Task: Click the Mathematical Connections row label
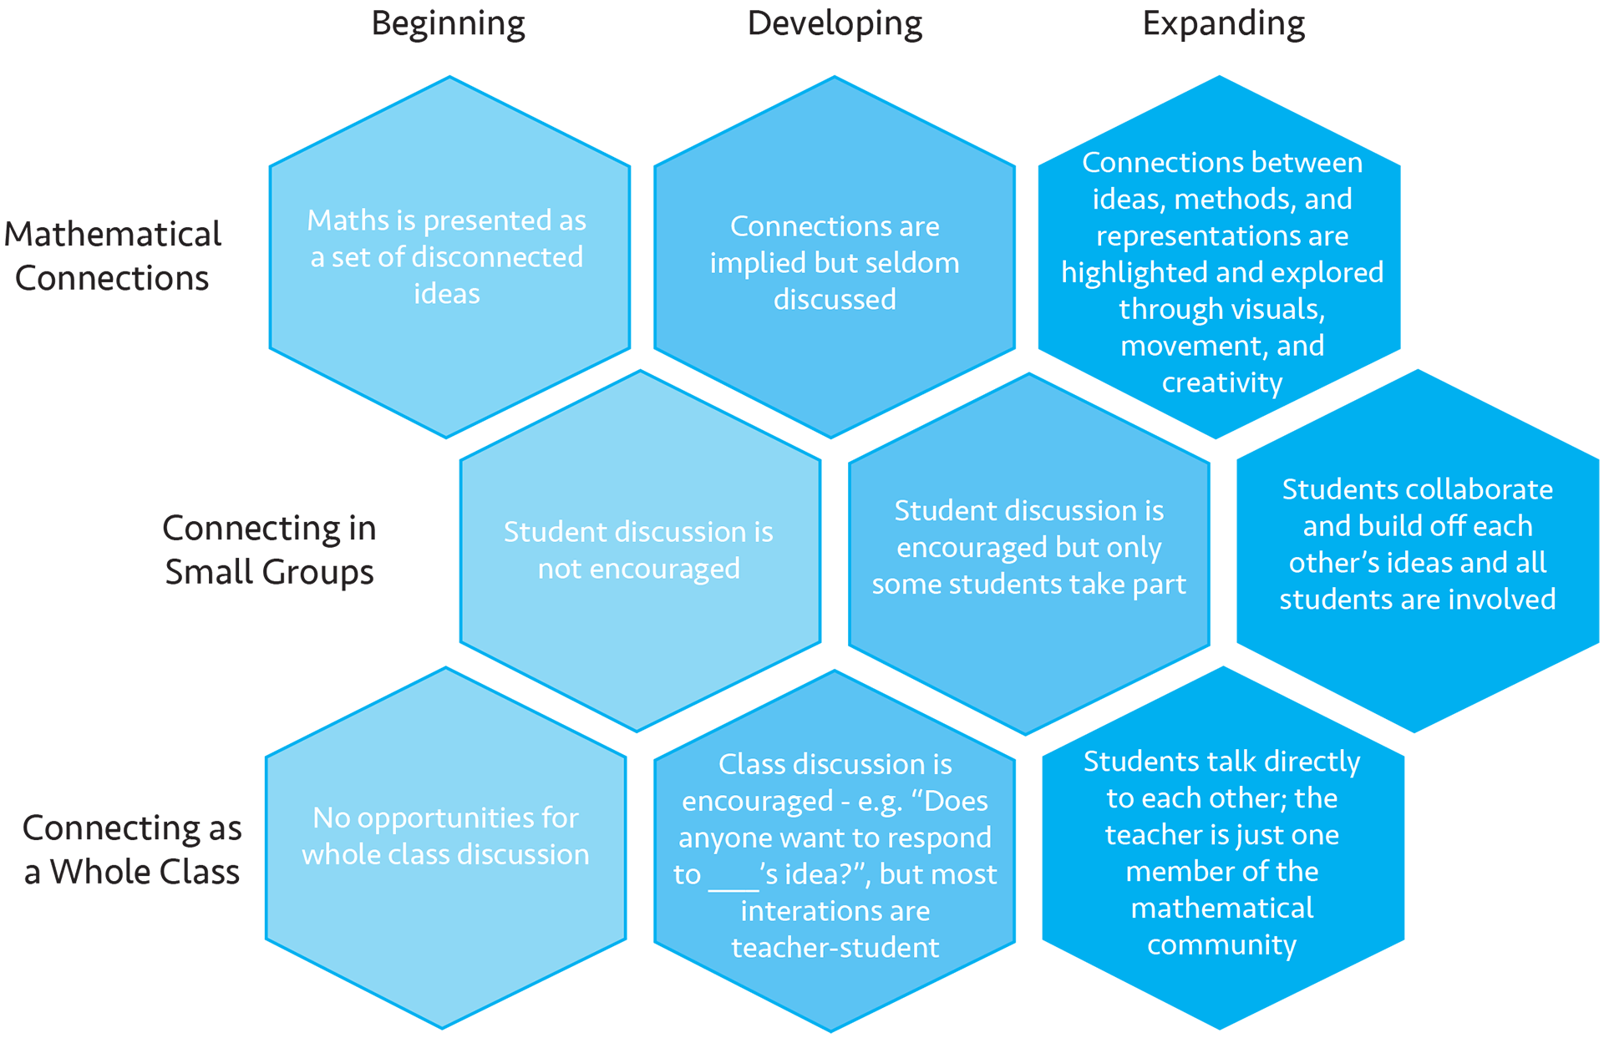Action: click(113, 256)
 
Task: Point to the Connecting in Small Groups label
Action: click(269, 549)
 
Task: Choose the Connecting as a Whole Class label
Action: click(132, 848)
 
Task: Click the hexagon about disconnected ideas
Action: click(449, 257)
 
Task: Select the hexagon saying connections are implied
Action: click(835, 257)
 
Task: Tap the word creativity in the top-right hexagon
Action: click(1222, 382)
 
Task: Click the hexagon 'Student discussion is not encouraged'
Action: click(640, 551)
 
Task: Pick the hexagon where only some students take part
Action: click(1029, 554)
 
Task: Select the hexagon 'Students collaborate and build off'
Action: click(1418, 551)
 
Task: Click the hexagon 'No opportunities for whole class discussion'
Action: click(446, 848)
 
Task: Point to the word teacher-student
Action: click(835, 948)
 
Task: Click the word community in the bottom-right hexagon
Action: click(1222, 944)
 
